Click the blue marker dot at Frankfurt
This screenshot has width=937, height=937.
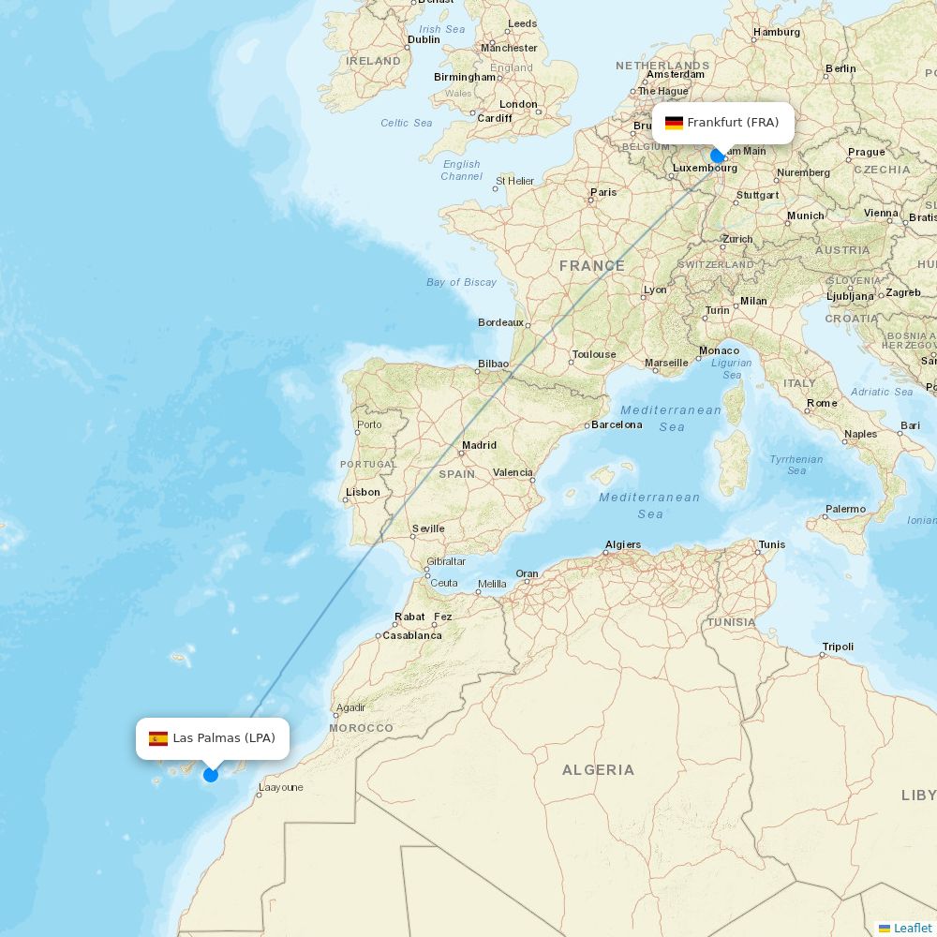(718, 156)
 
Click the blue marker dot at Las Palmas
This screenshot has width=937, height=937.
(211, 774)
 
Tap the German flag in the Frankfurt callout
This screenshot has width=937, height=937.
(674, 123)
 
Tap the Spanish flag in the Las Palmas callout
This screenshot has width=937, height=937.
(158, 738)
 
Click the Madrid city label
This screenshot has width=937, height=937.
(479, 445)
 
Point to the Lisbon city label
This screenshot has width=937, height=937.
(363, 492)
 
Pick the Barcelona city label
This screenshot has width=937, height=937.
(617, 424)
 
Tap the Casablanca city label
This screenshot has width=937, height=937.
(411, 635)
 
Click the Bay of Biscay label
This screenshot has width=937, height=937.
(461, 282)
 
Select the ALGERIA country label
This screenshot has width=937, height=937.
(598, 770)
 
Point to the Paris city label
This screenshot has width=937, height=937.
(603, 192)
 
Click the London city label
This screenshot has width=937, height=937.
(518, 104)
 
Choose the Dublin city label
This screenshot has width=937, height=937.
(424, 39)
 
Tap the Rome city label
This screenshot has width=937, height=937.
(822, 403)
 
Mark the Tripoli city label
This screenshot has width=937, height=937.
(838, 647)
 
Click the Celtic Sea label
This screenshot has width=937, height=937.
(407, 123)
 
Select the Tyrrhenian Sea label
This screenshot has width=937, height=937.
(796, 465)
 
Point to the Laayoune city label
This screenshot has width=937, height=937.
(280, 787)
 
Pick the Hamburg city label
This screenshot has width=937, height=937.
(777, 32)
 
